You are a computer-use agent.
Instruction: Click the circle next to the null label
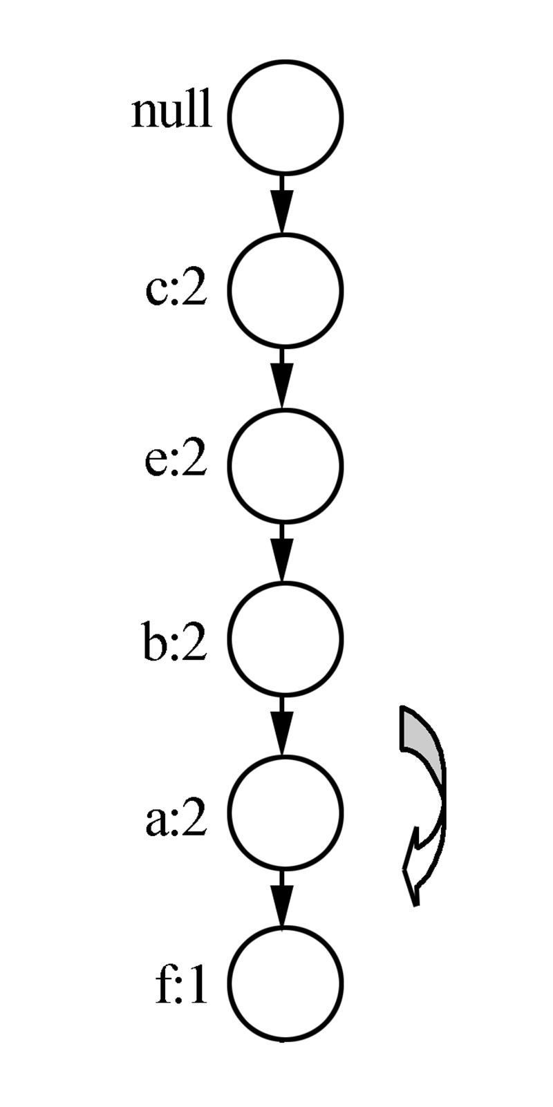coord(285,116)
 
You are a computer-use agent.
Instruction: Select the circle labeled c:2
coord(285,290)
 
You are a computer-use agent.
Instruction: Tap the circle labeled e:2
coord(285,464)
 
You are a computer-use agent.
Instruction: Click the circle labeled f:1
coord(285,983)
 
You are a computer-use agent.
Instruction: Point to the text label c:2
coord(176,291)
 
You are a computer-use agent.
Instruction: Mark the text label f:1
coord(180,989)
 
